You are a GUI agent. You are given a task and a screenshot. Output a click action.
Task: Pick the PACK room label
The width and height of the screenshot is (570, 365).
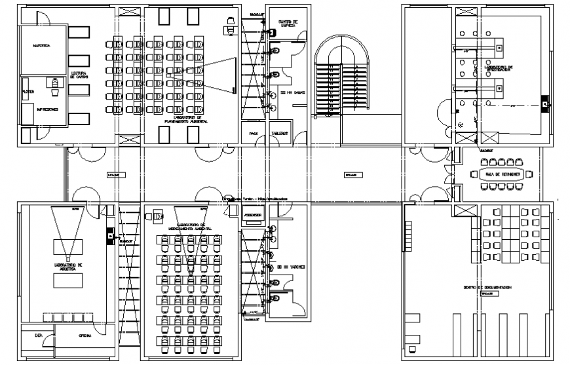[x=254, y=133]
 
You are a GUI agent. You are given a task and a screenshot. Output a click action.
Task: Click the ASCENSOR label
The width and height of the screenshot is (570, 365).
[x=253, y=215]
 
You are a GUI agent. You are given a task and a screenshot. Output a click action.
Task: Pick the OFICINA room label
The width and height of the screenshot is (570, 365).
[x=85, y=336]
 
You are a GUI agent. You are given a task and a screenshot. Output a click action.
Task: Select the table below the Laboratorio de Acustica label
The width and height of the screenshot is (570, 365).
[x=68, y=280]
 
